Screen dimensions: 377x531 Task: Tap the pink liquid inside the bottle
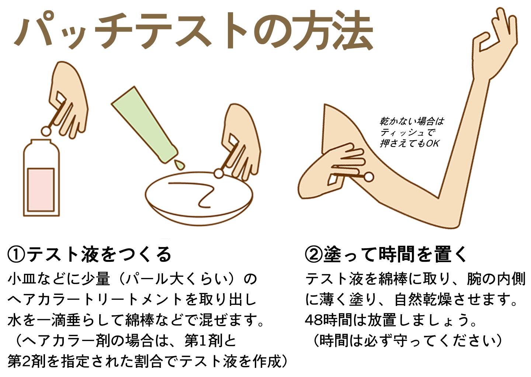(41, 190)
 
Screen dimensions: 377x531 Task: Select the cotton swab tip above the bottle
(46, 131)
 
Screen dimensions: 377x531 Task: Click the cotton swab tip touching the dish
(219, 173)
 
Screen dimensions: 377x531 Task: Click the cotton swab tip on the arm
(368, 177)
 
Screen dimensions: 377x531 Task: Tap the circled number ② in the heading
(314, 254)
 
